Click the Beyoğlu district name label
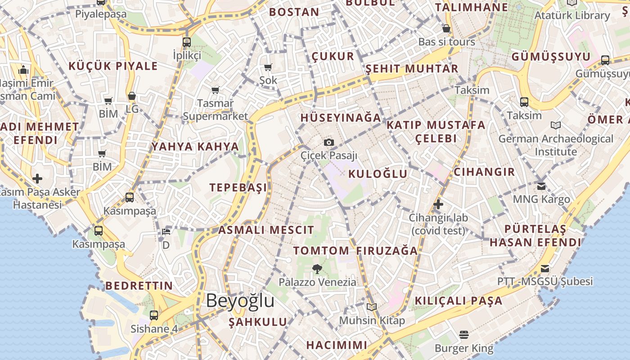(240, 301)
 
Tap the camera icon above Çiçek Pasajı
(329, 142)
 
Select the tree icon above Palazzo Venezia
(317, 269)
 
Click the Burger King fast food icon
(464, 335)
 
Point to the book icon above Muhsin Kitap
(372, 307)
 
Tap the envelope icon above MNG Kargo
(541, 185)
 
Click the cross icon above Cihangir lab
(438, 204)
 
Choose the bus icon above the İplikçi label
(187, 42)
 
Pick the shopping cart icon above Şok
(268, 67)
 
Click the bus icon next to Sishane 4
(154, 315)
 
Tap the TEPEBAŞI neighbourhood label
(238, 188)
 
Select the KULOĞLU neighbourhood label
(378, 174)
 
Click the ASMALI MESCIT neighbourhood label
(266, 230)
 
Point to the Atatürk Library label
(572, 15)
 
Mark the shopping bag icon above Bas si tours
(446, 28)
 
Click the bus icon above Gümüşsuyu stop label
(605, 60)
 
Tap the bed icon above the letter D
(166, 232)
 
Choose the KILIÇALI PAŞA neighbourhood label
(458, 301)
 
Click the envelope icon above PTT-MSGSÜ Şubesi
(545, 269)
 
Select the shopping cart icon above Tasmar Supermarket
(216, 90)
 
